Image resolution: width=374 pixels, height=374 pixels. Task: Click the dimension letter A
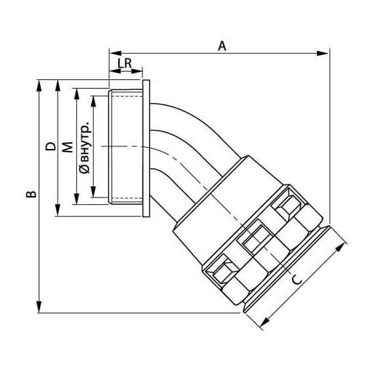[x=222, y=45]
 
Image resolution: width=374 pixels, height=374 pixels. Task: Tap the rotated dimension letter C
[x=297, y=279]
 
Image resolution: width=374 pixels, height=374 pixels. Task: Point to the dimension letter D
[x=49, y=148]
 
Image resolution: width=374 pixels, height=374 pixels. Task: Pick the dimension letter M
[x=66, y=148]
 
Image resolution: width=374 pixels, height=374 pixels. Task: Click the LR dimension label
[x=126, y=64]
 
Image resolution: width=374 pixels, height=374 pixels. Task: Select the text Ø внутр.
[x=84, y=148]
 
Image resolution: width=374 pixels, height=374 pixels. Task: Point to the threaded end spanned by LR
[x=126, y=148]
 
